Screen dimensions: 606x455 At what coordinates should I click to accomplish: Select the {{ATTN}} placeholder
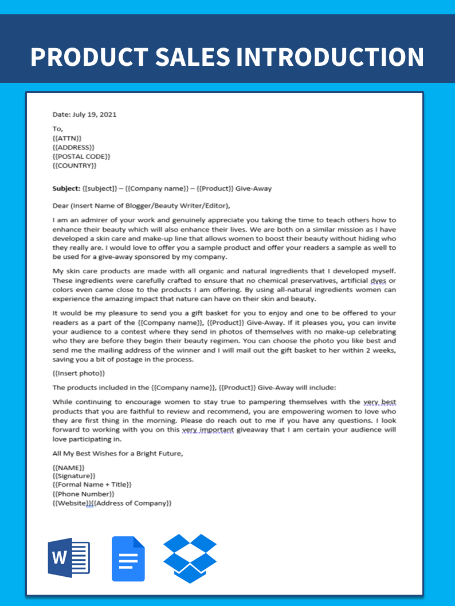pos(66,138)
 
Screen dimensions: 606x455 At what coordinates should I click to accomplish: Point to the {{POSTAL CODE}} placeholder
pos(81,156)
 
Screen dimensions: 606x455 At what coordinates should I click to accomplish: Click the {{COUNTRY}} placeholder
pos(74,166)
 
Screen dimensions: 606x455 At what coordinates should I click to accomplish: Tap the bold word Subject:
pos(66,188)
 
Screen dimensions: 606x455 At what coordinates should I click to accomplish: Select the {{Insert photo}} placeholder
pos(79,373)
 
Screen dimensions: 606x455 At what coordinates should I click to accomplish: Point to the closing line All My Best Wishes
pos(117,453)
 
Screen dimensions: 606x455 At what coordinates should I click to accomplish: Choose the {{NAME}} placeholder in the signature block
pos(68,467)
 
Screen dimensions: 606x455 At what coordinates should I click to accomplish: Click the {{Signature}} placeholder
pos(74,476)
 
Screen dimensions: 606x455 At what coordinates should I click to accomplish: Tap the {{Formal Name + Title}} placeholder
pos(92,485)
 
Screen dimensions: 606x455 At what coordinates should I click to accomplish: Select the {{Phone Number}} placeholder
pos(83,494)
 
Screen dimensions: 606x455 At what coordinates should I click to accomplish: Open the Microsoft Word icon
pos(69,558)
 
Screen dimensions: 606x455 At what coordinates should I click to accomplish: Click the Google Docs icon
pos(128,558)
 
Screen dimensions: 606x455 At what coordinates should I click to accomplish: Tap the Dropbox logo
pos(190,558)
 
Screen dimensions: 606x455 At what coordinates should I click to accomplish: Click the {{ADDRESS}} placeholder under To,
pos(73,147)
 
